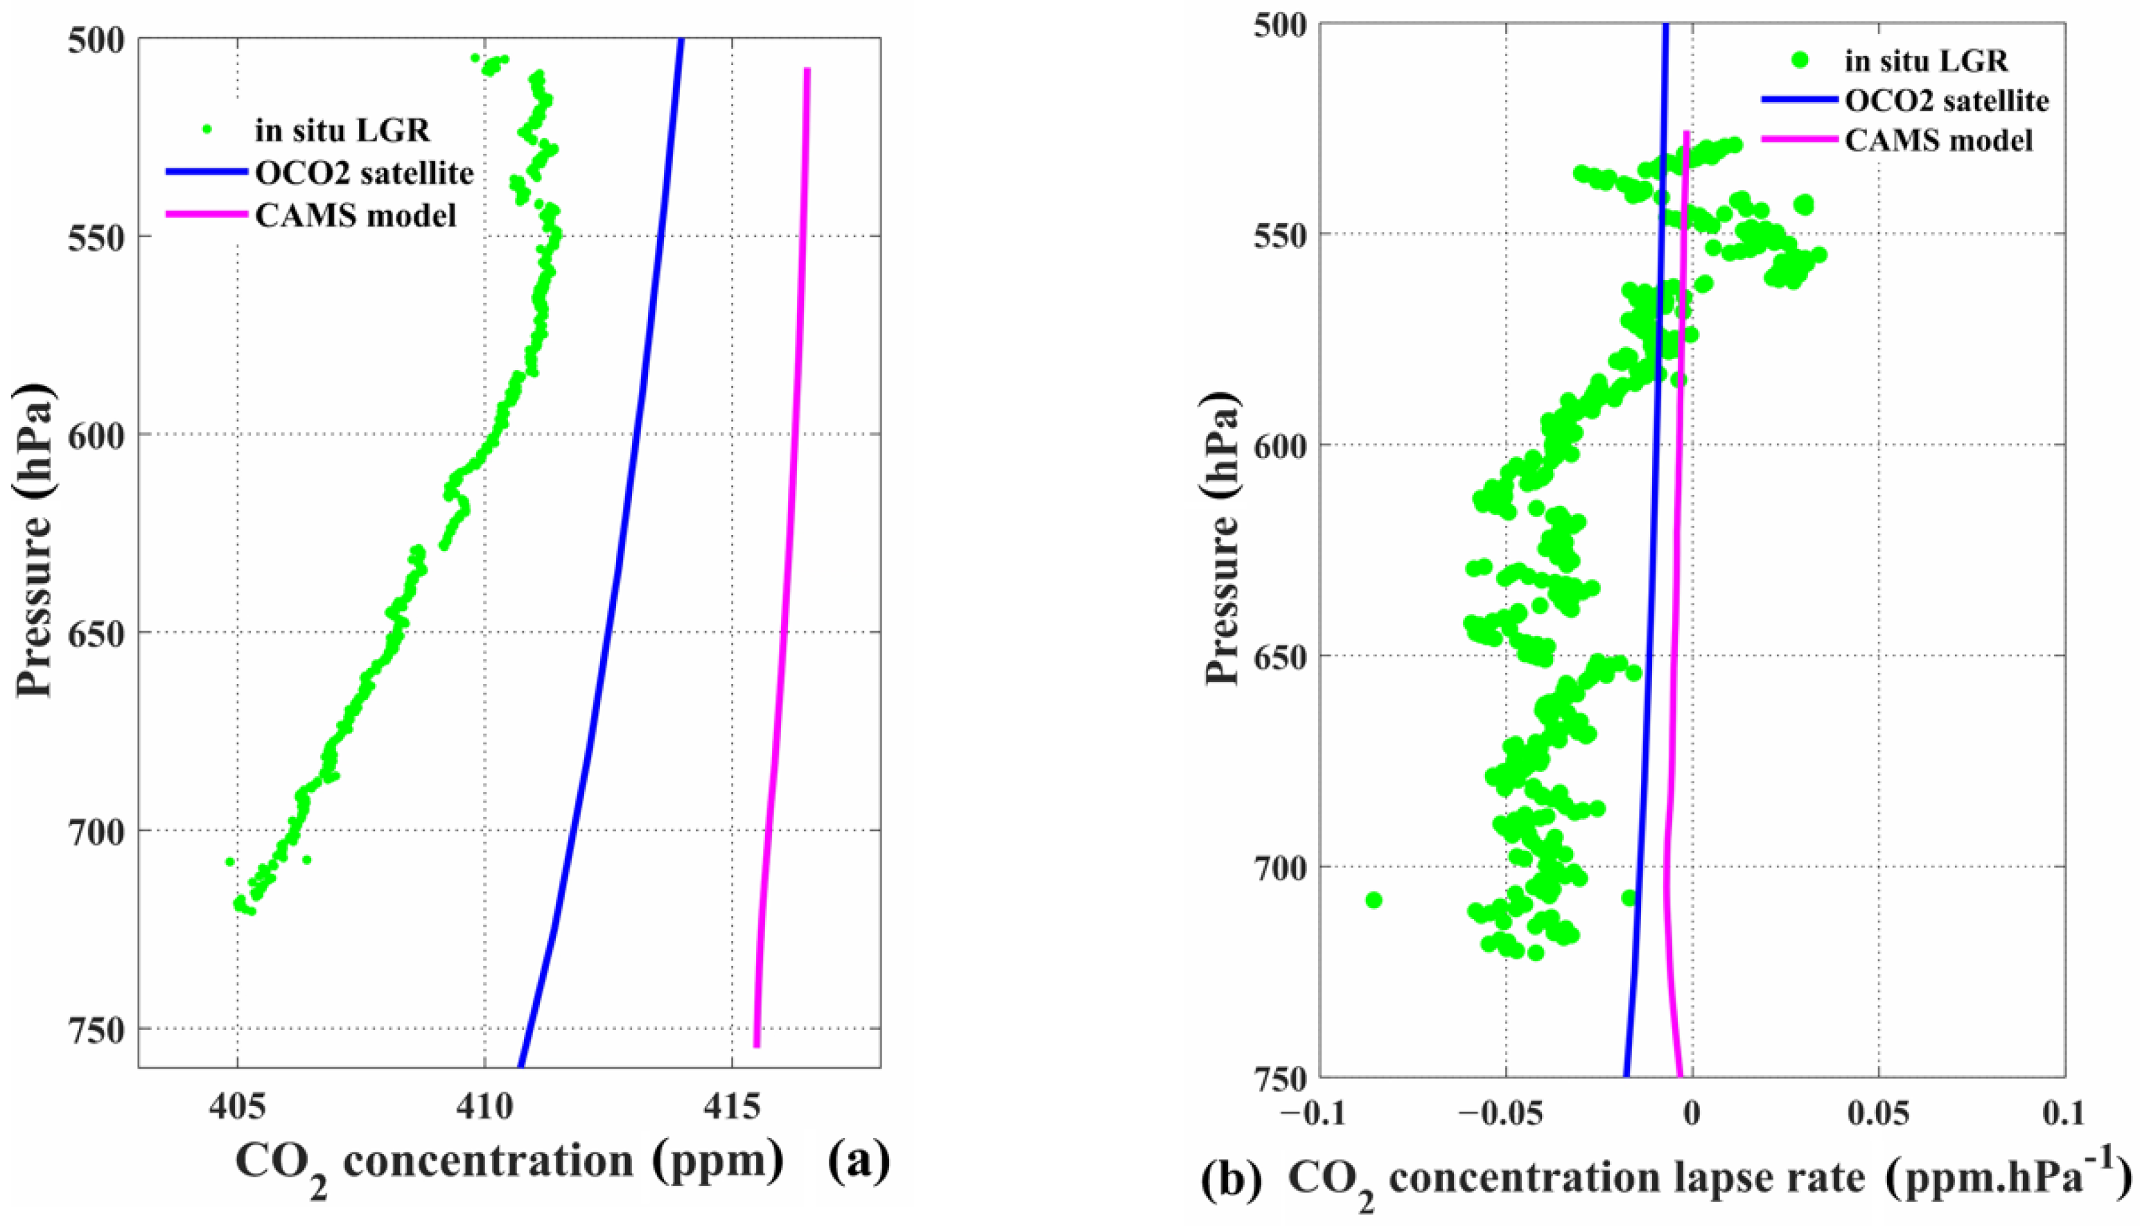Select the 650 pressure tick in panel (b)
[x=1272, y=655]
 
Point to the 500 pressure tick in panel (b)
[x=1272, y=24]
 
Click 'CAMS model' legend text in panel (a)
[x=356, y=216]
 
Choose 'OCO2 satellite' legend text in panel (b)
[x=1947, y=101]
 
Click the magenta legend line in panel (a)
[x=207, y=216]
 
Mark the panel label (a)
[x=858, y=1161]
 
